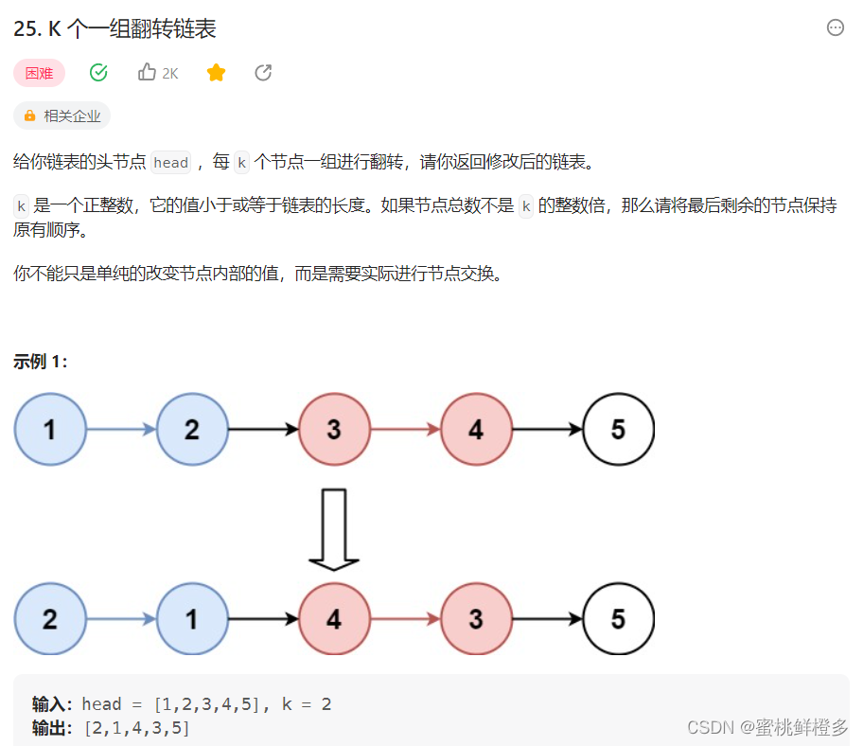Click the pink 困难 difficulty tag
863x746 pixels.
[x=39, y=73]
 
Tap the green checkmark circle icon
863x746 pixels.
[x=98, y=73]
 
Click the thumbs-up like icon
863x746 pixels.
[x=147, y=73]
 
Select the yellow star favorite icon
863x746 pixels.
[x=216, y=73]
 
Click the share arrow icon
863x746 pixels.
[x=264, y=73]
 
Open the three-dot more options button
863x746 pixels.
[x=835, y=28]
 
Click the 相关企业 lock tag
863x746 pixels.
[x=62, y=115]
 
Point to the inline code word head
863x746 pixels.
[x=170, y=163]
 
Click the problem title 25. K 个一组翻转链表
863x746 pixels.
[x=115, y=29]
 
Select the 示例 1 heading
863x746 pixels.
[x=41, y=362]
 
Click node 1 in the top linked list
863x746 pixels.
[x=50, y=430]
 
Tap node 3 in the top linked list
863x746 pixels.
[x=334, y=430]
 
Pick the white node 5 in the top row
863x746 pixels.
[x=618, y=430]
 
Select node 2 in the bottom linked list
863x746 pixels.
[x=50, y=619]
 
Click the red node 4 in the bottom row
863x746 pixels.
[x=334, y=619]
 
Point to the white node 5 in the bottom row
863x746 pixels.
[x=618, y=619]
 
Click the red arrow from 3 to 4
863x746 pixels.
[x=405, y=430]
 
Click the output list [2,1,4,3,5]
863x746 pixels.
[x=136, y=728]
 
